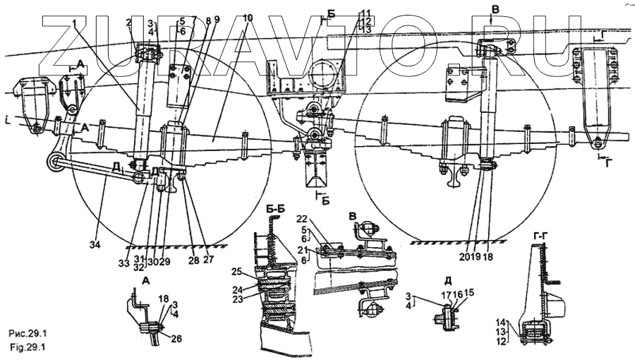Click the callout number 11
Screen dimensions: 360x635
pos(364,13)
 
